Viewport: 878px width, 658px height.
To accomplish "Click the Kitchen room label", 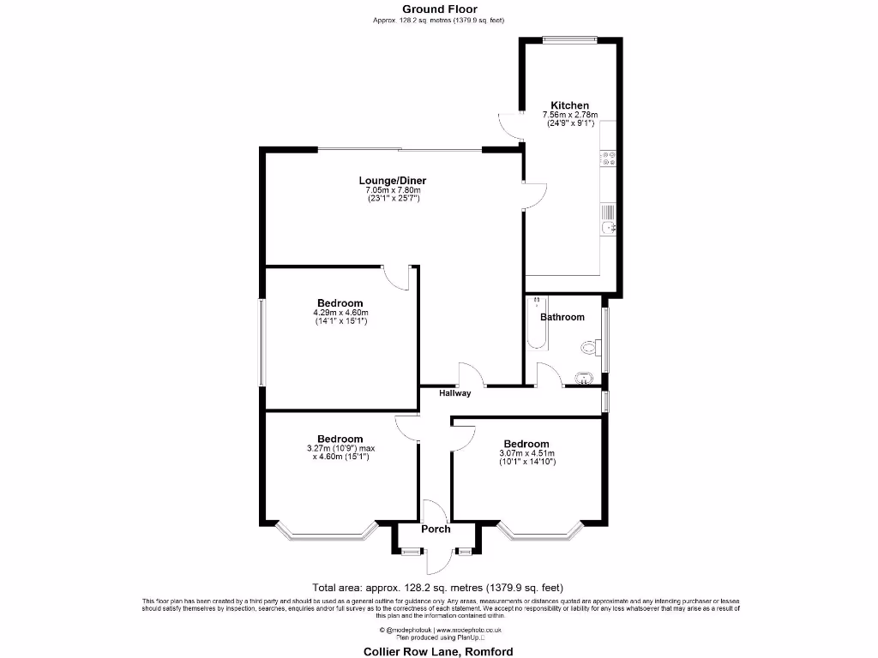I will (569, 105).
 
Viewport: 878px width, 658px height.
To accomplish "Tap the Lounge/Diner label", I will (392, 181).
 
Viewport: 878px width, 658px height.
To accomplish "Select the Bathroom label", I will (562, 317).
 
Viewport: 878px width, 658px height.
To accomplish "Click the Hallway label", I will (455, 394).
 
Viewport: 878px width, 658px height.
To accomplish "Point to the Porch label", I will (436, 529).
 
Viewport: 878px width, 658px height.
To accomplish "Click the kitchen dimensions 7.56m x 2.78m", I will (569, 115).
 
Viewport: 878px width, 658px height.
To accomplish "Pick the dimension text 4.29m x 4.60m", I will (340, 313).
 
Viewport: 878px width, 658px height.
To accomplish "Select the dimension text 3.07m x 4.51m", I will (526, 453).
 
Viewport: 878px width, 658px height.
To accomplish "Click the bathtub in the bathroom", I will (538, 323).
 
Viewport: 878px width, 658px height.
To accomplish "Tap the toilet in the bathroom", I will (589, 347).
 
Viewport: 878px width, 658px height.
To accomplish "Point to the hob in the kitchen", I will (608, 159).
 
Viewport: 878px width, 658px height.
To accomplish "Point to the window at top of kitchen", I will (570, 37).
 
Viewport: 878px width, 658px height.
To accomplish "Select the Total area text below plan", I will (437, 588).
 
